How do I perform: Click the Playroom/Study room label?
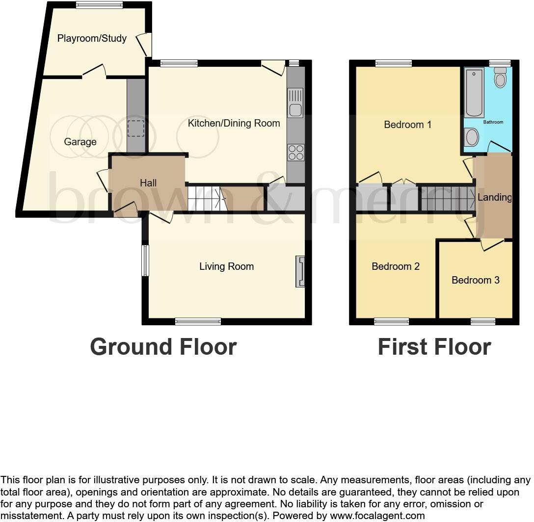click(x=92, y=38)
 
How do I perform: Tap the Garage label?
click(x=80, y=142)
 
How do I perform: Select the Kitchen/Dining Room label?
click(x=234, y=123)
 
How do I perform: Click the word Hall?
click(x=148, y=183)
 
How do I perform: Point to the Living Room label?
click(x=226, y=266)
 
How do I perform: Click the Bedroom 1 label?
click(x=407, y=125)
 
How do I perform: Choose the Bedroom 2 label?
click(x=396, y=266)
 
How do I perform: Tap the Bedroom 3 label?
click(x=475, y=280)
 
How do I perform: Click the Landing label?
click(x=494, y=197)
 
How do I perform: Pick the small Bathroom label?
click(x=493, y=122)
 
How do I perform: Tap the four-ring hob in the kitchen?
click(x=295, y=153)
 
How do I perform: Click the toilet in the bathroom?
click(x=500, y=78)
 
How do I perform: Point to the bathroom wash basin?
click(x=471, y=137)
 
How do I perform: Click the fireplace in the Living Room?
click(x=300, y=271)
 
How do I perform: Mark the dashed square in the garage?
click(x=135, y=128)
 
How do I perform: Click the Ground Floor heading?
click(x=163, y=347)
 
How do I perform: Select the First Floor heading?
click(x=434, y=347)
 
